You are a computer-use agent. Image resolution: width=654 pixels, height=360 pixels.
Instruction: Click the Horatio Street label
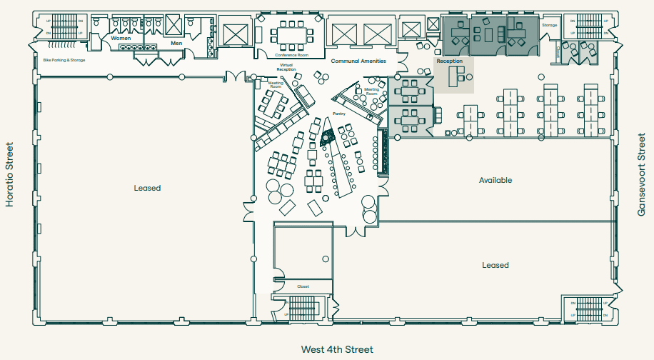tap(10, 174)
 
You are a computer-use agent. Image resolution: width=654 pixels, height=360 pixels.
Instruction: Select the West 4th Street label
tap(337, 349)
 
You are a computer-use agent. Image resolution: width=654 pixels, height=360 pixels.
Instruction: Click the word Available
tap(495, 180)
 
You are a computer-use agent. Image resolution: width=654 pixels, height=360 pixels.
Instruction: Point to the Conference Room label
tap(291, 55)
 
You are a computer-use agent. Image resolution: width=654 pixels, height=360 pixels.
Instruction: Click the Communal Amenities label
tap(358, 61)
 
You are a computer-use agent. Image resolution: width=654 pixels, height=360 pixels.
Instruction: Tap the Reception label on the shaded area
tap(450, 61)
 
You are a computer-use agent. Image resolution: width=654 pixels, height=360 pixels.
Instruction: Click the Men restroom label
tap(177, 43)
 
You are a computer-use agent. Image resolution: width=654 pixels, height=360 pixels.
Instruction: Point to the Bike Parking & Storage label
tap(64, 61)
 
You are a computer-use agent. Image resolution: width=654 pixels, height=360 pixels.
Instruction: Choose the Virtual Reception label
tap(286, 67)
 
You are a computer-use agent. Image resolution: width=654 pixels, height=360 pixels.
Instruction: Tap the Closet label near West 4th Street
tap(303, 286)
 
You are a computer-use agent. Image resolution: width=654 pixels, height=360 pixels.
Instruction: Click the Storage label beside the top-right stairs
tap(549, 25)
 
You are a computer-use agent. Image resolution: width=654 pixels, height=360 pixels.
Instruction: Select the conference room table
tap(291, 33)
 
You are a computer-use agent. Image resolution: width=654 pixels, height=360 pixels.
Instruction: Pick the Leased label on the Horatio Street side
tap(147, 188)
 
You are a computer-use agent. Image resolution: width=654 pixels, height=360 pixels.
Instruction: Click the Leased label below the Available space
tap(495, 265)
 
